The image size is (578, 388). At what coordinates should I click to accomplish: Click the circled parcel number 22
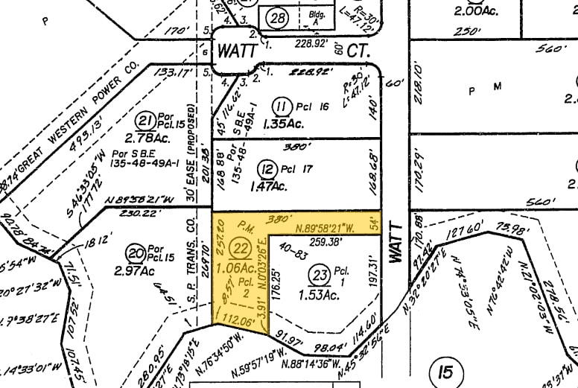pyautogui.click(x=240, y=249)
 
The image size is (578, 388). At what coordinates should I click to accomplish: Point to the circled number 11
pyautogui.click(x=281, y=106)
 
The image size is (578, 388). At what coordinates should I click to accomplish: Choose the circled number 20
pyautogui.click(x=136, y=252)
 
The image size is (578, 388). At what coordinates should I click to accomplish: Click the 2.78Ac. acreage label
pyautogui.click(x=144, y=138)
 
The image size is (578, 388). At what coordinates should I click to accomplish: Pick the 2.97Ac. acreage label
pyautogui.click(x=134, y=270)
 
